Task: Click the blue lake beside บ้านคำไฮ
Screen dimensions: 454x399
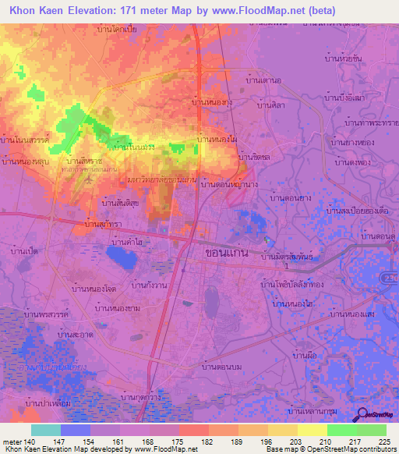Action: point(122,254)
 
